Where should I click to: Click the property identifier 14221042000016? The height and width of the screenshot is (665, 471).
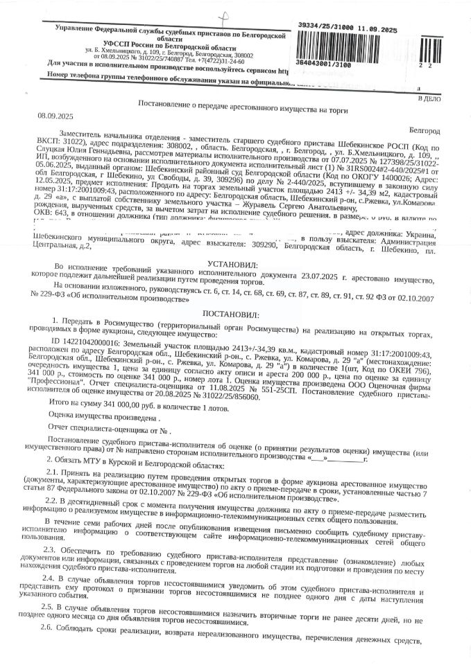pos(88,344)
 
